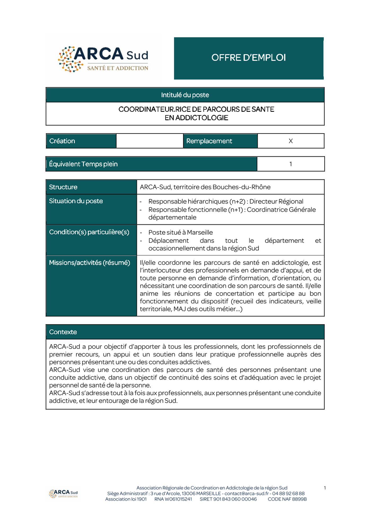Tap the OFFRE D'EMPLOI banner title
click(x=248, y=58)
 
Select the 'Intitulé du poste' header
click(x=185, y=95)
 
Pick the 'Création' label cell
click(x=62, y=141)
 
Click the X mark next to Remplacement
click(x=290, y=141)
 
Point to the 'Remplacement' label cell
click(x=209, y=141)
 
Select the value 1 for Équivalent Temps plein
click(x=290, y=164)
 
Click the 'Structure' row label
click(x=63, y=187)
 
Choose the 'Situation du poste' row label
click(x=76, y=201)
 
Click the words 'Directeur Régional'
click(x=276, y=202)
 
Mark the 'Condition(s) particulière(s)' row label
click(x=89, y=232)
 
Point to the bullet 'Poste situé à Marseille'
click(x=180, y=232)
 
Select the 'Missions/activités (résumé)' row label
click(x=90, y=263)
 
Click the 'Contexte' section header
click(x=63, y=332)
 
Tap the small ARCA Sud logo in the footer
click(x=63, y=493)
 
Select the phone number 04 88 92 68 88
click(x=288, y=494)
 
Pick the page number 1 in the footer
click(x=325, y=488)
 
